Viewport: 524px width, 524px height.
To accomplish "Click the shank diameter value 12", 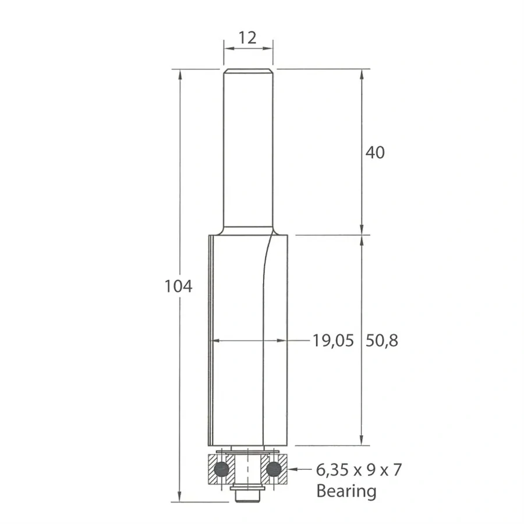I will click(248, 38).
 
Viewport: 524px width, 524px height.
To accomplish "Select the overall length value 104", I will click(178, 286).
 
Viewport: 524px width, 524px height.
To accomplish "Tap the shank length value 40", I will click(376, 153).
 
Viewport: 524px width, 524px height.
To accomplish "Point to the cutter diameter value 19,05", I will click(333, 341).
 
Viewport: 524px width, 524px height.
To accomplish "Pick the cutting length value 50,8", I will click(382, 341).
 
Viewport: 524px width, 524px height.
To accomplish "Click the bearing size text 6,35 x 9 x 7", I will click(359, 470).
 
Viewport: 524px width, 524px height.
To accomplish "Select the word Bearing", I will click(346, 491).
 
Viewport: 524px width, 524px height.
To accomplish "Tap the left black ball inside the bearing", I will click(221, 468).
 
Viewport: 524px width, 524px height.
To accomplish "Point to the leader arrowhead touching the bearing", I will click(292, 468).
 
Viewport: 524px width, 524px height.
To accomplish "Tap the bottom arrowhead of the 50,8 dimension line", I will click(362, 441).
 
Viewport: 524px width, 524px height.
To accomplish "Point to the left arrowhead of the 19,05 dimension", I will click(216, 340).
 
